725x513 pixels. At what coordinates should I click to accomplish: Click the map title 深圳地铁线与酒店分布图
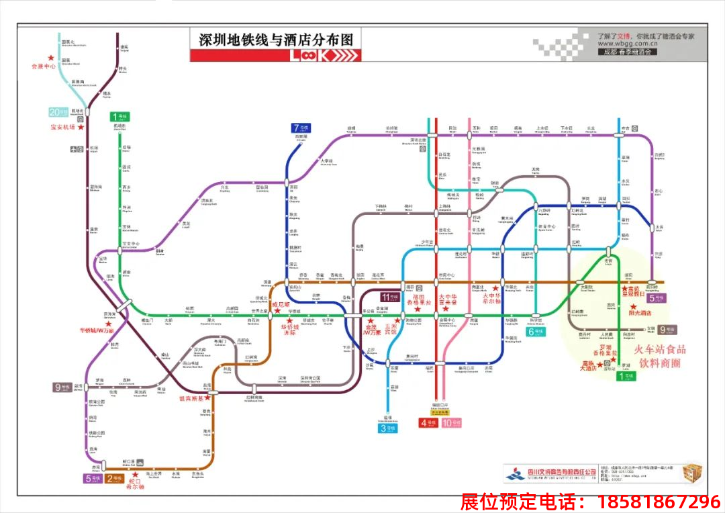pos(275,40)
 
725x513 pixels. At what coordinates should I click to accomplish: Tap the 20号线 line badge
pos(58,111)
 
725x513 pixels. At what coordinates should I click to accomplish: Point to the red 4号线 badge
pos(428,423)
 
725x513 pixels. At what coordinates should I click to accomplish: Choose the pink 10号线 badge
pos(452,423)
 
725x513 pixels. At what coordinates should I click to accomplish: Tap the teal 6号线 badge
pos(535,331)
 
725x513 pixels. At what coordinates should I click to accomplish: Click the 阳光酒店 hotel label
pos(640,313)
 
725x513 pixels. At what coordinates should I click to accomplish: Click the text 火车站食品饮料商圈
pos(662,355)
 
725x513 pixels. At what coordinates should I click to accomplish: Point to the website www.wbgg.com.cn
pos(632,45)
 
